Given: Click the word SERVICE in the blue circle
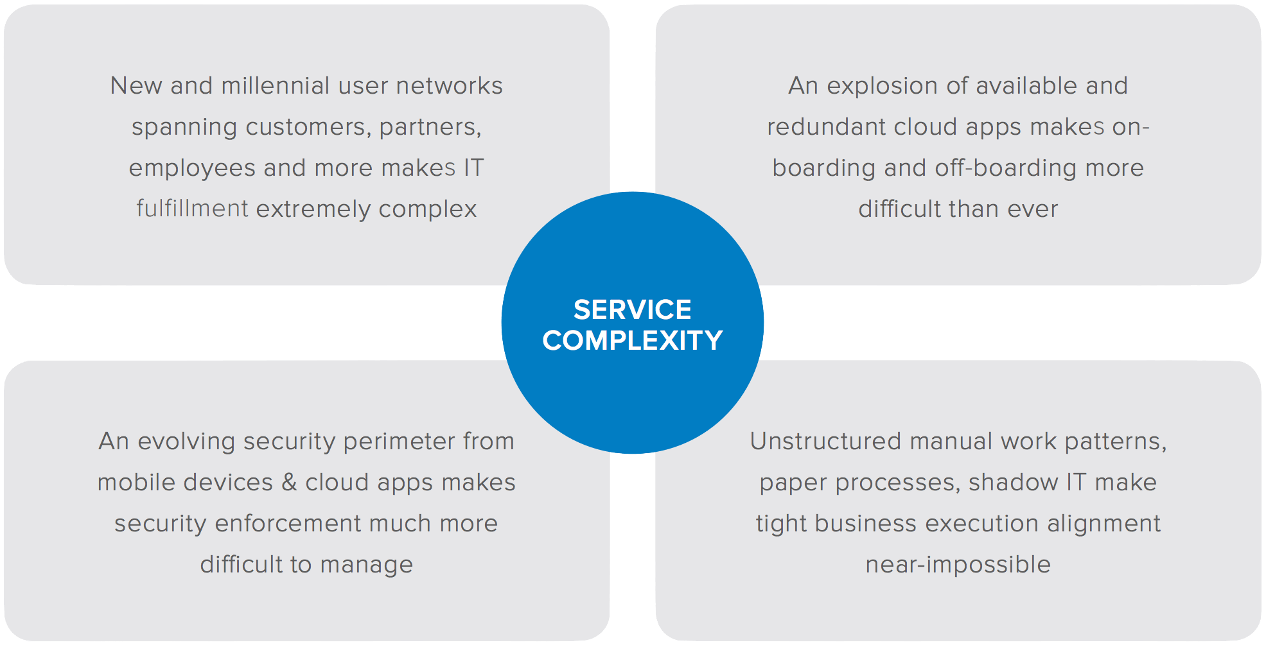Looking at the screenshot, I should pos(632,310).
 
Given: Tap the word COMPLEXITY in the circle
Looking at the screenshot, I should pos(632,341).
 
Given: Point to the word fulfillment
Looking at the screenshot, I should pos(192,209).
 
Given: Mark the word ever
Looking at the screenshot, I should pos(1032,209).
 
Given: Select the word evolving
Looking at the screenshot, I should pos(186,442).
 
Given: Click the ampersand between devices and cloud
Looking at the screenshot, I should pos(289,483).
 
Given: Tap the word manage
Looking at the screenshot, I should pos(366,565).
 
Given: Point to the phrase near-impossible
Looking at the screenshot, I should pos(958,565).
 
